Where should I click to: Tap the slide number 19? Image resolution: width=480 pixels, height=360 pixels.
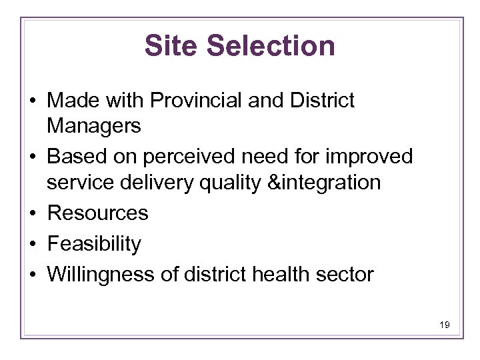pyautogui.click(x=445, y=325)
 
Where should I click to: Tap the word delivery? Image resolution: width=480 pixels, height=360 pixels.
pyautogui.click(x=164, y=181)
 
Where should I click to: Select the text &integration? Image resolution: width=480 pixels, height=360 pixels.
pyautogui.click(x=327, y=181)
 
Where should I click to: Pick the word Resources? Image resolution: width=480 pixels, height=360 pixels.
pyautogui.click(x=98, y=213)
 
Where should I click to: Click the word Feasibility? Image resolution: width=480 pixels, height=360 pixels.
pyautogui.click(x=94, y=244)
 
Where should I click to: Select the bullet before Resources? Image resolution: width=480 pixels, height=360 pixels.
pyautogui.click(x=33, y=214)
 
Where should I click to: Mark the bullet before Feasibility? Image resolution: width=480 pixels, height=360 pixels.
pyautogui.click(x=33, y=245)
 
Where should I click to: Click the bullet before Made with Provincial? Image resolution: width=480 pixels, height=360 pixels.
pyautogui.click(x=33, y=102)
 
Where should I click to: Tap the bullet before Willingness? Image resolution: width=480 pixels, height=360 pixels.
pyautogui.click(x=33, y=275)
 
